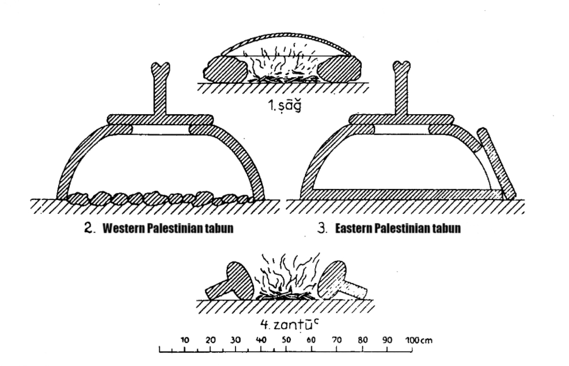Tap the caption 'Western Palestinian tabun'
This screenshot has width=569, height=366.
(168, 229)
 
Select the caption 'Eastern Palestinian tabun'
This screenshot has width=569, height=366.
(399, 229)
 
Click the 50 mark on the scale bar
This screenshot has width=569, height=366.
(286, 340)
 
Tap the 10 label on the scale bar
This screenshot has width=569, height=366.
(184, 340)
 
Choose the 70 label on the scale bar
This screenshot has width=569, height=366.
(336, 340)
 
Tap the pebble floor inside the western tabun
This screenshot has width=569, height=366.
(161, 199)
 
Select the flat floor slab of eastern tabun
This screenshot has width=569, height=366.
(403, 194)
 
